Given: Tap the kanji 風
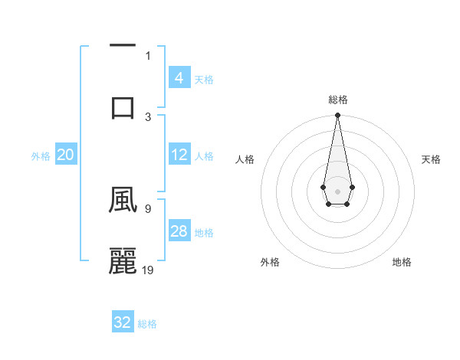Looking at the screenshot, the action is [x=123, y=201].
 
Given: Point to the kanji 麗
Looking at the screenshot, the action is [x=123, y=260].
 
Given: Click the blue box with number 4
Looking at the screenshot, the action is [x=179, y=78].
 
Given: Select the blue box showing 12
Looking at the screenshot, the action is [x=179, y=155].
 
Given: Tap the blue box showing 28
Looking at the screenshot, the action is [x=179, y=231].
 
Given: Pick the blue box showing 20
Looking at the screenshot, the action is [x=66, y=155].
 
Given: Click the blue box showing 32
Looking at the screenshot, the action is [x=123, y=322].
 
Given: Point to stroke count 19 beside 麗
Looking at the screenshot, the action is [x=149, y=270].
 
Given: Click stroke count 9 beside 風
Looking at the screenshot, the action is [x=147, y=208].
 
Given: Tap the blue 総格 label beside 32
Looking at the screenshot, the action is [x=147, y=324].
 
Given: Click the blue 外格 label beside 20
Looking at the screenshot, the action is [x=41, y=156].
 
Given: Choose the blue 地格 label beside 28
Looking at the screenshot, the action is [x=205, y=233].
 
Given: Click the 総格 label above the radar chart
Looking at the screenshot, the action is [x=338, y=100].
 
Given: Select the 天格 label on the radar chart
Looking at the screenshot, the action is [x=431, y=159].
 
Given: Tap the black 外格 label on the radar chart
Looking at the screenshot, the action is [x=270, y=262].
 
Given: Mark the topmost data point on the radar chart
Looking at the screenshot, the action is [x=337, y=116].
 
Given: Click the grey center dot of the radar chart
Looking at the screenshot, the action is [x=337, y=190].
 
